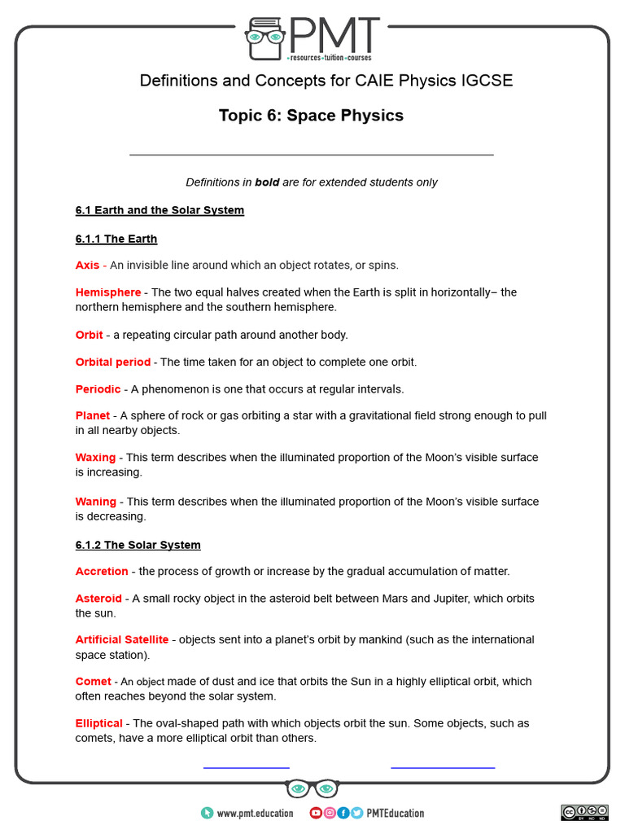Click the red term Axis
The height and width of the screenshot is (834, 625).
pyautogui.click(x=87, y=265)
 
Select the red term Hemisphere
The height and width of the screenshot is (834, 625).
pyautogui.click(x=108, y=292)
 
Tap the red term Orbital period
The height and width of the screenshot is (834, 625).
pyautogui.click(x=113, y=362)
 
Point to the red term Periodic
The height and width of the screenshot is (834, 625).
pyautogui.click(x=98, y=389)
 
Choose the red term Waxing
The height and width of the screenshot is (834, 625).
pyautogui.click(x=96, y=458)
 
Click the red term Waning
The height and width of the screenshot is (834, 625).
pyautogui.click(x=96, y=502)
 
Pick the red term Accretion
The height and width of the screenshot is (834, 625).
pyautogui.click(x=102, y=572)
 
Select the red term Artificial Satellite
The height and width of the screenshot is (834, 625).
pyautogui.click(x=122, y=640)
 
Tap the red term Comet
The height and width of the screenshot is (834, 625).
pyautogui.click(x=94, y=682)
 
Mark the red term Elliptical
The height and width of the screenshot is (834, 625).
pyautogui.click(x=99, y=723)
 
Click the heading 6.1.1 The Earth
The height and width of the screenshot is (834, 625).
pyautogui.click(x=116, y=239)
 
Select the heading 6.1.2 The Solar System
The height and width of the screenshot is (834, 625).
pyautogui.click(x=138, y=545)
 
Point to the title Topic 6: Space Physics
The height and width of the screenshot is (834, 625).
pyautogui.click(x=311, y=116)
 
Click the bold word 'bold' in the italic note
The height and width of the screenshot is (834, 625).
pyautogui.click(x=267, y=182)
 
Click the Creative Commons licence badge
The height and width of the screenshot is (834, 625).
pyautogui.click(x=584, y=812)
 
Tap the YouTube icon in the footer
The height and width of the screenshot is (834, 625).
pyautogui.click(x=316, y=813)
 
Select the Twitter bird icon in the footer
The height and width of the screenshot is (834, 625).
pyautogui.click(x=356, y=813)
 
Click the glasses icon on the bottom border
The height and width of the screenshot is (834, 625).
pyautogui.click(x=312, y=789)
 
